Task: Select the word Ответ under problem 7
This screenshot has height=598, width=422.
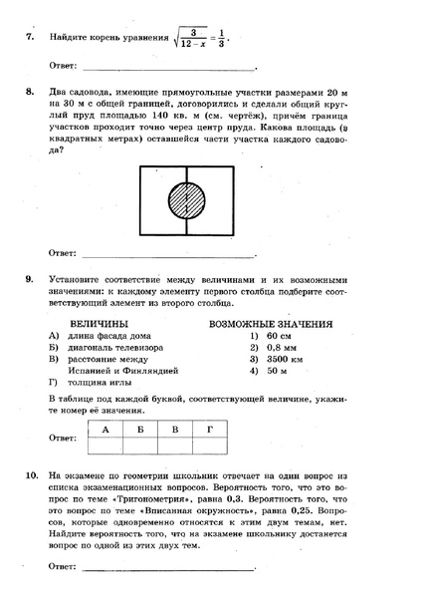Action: click(x=63, y=68)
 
